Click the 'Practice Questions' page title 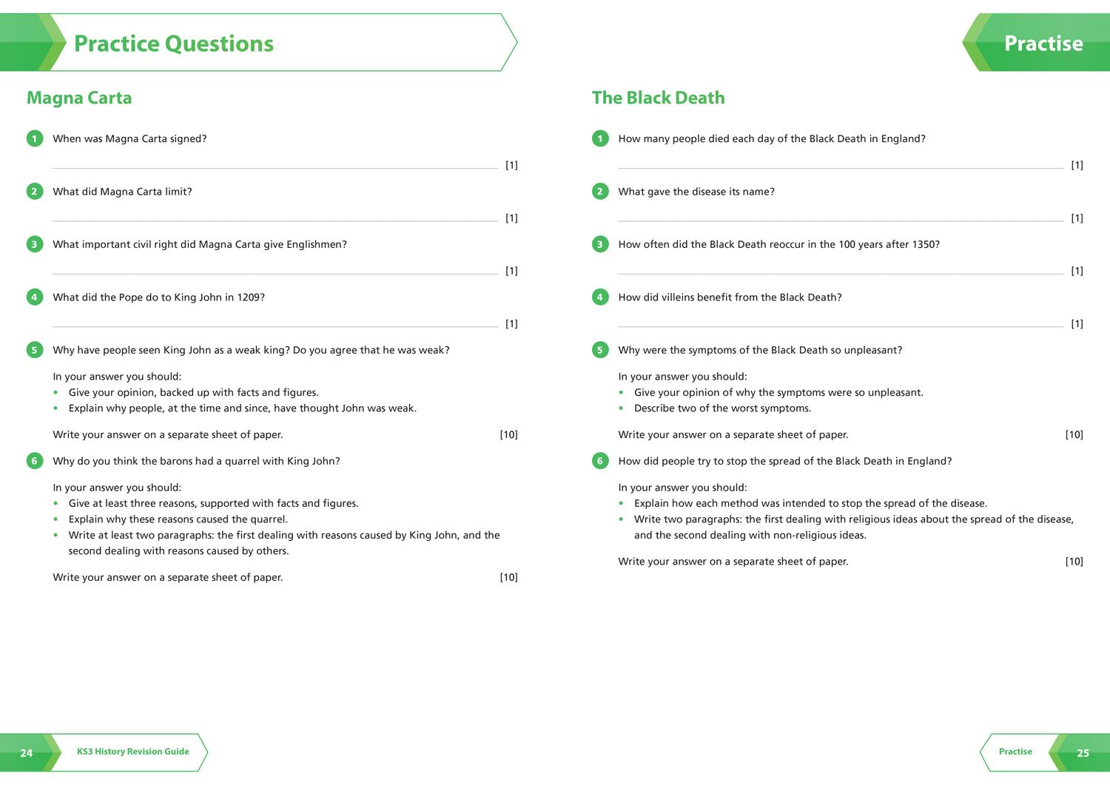tap(174, 44)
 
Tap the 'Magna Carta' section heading tap(79, 98)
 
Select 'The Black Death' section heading tap(658, 98)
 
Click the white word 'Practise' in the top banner tap(1043, 44)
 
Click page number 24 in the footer tap(27, 753)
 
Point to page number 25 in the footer tap(1083, 753)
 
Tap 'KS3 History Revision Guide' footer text tap(133, 752)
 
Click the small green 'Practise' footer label tap(1015, 752)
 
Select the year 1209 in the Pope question tap(249, 297)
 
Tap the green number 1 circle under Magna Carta tap(34, 138)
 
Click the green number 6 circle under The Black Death tap(600, 461)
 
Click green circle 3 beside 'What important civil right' tap(34, 244)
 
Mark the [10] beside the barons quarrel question tap(508, 577)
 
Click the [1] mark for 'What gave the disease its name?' tap(1077, 218)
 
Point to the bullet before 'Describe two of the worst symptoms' tap(622, 408)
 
